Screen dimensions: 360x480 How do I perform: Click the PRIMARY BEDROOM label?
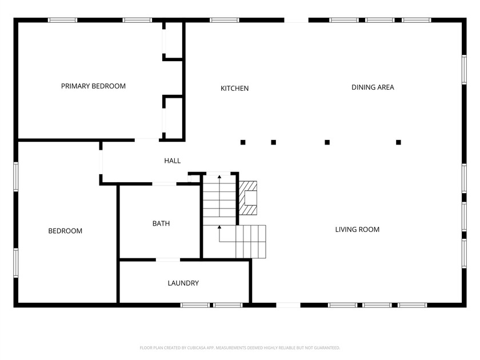[x=93, y=86]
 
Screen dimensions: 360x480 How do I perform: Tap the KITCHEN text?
[x=234, y=89]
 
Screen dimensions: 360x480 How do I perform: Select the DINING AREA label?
[x=373, y=87]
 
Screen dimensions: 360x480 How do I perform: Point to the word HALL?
[x=172, y=161]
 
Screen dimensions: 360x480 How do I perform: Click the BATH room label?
[x=161, y=224]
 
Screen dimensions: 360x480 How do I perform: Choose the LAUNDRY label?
[x=183, y=283]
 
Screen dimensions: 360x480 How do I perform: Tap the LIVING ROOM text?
[x=357, y=230]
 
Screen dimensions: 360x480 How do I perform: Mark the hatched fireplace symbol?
[x=249, y=198]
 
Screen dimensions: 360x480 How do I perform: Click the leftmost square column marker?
[x=243, y=142]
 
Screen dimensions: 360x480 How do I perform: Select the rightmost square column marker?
[x=398, y=142]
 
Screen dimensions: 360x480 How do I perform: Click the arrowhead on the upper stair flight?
[x=219, y=178]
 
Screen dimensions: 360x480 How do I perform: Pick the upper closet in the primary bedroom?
[x=173, y=40]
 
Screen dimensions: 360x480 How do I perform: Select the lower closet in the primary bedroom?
[x=173, y=117]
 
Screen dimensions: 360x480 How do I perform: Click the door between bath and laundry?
[x=168, y=260]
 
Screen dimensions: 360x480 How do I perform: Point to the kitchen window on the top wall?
[x=224, y=20]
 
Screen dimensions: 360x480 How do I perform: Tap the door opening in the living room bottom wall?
[x=289, y=305]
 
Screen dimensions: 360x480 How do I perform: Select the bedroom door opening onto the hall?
[x=101, y=162]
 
